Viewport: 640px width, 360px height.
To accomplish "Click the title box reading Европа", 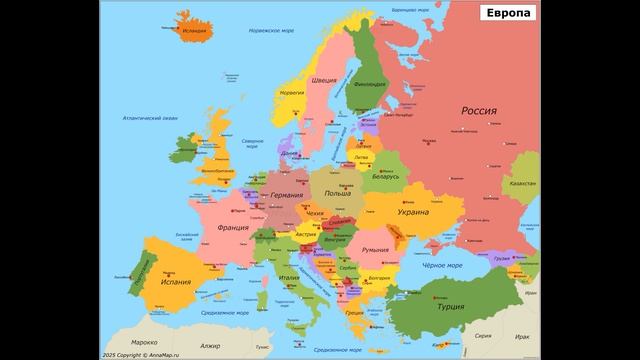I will [x=509, y=13].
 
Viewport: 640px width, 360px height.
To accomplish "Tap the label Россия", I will [x=479, y=111].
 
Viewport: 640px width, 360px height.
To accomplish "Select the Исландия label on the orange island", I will [x=195, y=31].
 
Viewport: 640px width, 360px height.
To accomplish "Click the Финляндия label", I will [x=369, y=84].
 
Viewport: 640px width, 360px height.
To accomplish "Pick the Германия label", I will [x=287, y=195].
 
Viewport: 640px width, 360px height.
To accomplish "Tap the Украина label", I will [x=413, y=212].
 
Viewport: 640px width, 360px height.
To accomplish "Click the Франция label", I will [x=233, y=228].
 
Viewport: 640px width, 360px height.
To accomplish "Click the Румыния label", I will [x=375, y=249].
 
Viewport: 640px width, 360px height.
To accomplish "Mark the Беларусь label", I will [x=385, y=176].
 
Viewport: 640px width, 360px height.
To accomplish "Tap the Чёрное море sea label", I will [x=442, y=266].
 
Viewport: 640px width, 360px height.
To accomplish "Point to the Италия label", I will [x=289, y=277].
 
